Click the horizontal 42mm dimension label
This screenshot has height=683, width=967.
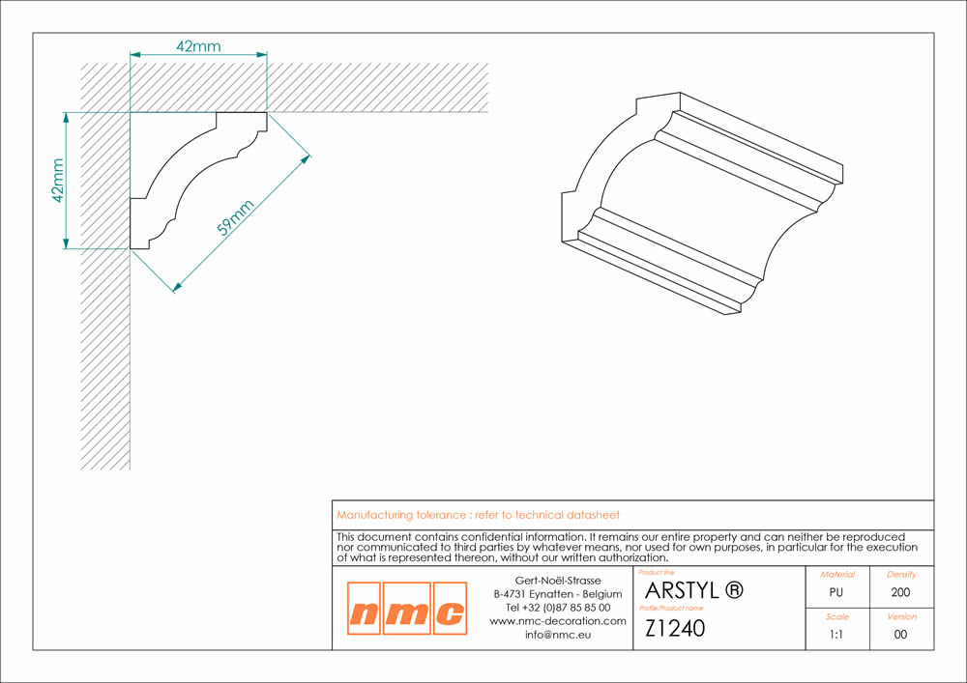tap(199, 45)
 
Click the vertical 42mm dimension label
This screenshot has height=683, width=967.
tap(58, 180)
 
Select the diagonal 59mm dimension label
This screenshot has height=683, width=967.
tap(234, 217)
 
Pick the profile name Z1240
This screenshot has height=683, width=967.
tap(675, 628)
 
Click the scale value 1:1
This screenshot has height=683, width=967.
tap(836, 635)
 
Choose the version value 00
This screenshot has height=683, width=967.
tap(901, 635)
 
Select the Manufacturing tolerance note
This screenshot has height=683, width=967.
tap(478, 515)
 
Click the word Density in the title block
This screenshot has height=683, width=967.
tap(901, 574)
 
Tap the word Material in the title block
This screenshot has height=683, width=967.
tap(836, 574)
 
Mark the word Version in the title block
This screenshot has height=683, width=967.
tap(901, 616)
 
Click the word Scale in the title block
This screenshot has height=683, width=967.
tap(836, 616)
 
